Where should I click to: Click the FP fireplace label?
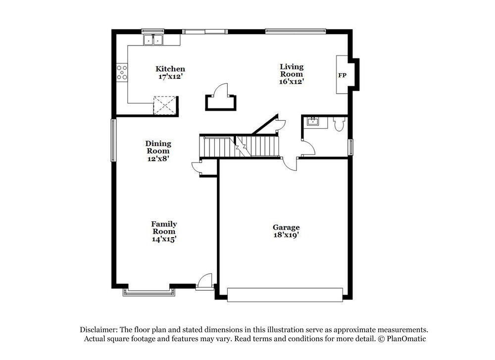[x=342, y=75]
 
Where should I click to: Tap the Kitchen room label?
[x=170, y=69]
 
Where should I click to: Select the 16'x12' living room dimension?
[x=291, y=81]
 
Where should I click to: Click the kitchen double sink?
[x=153, y=40]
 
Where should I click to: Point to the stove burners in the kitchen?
[x=122, y=72]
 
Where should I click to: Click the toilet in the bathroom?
[x=339, y=124]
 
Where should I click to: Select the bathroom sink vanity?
[x=313, y=122]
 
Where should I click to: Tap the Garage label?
[x=286, y=227]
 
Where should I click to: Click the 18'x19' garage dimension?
[x=286, y=235]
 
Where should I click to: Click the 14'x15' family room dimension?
[x=164, y=239]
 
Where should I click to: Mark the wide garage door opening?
[x=285, y=295]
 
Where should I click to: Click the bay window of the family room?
[x=149, y=292]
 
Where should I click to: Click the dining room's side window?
[x=113, y=140]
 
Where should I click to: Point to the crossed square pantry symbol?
[x=164, y=105]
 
